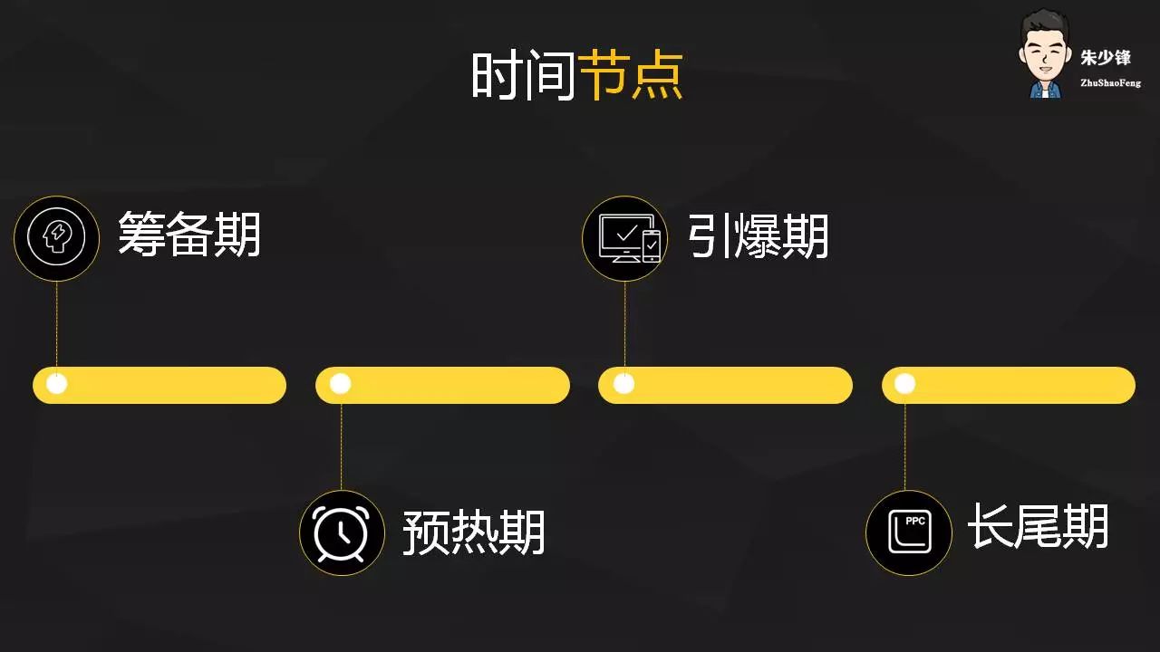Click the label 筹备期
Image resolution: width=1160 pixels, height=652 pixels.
pyautogui.click(x=189, y=235)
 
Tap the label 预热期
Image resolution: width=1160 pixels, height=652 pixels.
pyautogui.click(x=474, y=532)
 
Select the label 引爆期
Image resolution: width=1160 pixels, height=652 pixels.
pyautogui.click(x=758, y=236)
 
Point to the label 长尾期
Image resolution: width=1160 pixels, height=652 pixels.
pyautogui.click(x=1039, y=526)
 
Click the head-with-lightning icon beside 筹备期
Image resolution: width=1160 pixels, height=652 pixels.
pyautogui.click(x=56, y=238)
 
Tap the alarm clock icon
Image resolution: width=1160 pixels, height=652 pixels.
pyautogui.click(x=342, y=532)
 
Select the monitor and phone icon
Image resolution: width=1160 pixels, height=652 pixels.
pyautogui.click(x=624, y=238)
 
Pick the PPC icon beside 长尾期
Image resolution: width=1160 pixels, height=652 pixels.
pyautogui.click(x=908, y=532)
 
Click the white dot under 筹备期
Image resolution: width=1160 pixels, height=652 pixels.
pyautogui.click(x=57, y=384)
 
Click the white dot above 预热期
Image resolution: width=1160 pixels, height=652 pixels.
pyautogui.click(x=341, y=384)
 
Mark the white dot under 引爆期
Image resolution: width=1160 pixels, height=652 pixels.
pyautogui.click(x=623, y=384)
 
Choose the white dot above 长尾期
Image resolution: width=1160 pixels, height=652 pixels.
pyautogui.click(x=904, y=384)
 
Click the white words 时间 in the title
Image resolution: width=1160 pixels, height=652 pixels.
pyautogui.click(x=524, y=75)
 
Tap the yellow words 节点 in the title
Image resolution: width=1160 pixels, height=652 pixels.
pyautogui.click(x=631, y=75)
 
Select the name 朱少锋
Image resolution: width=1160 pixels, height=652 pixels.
pyautogui.click(x=1106, y=58)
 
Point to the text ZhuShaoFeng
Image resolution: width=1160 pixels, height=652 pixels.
pyautogui.click(x=1110, y=83)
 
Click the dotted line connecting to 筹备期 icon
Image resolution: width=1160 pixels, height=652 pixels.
pyautogui.click(x=57, y=326)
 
